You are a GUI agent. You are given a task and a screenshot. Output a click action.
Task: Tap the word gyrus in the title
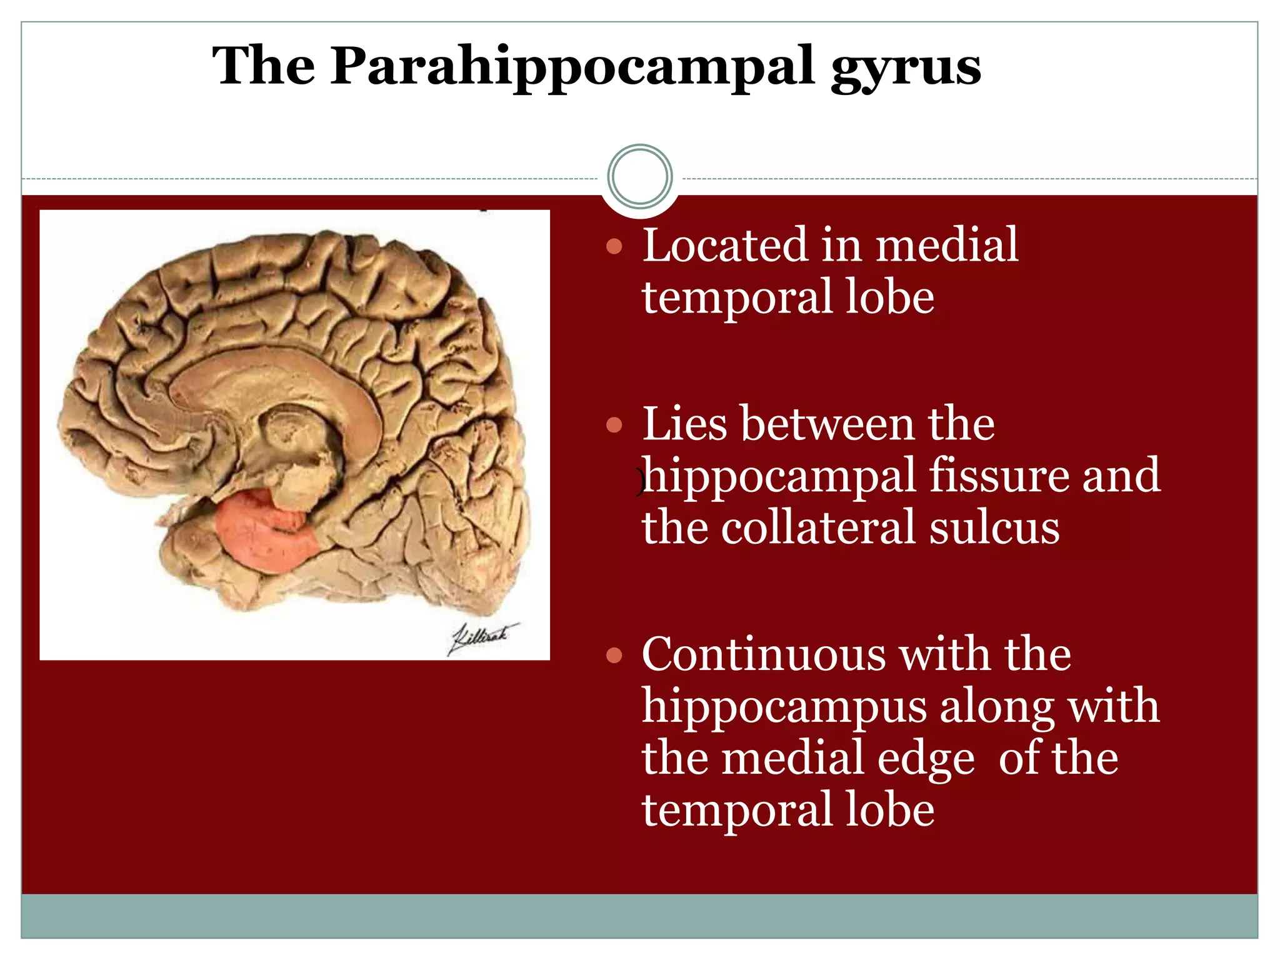pyautogui.click(x=906, y=69)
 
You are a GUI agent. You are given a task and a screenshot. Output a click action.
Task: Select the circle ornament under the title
pyautogui.click(x=639, y=177)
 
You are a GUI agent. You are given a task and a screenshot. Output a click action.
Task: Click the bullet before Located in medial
pyautogui.click(x=614, y=246)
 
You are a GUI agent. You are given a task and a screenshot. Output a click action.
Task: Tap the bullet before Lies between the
pyautogui.click(x=614, y=426)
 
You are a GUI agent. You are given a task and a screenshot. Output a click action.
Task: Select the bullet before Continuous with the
pyautogui.click(x=614, y=656)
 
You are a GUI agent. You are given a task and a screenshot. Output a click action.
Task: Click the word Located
pyautogui.click(x=725, y=245)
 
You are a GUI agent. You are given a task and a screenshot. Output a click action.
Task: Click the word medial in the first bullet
pyautogui.click(x=946, y=245)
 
